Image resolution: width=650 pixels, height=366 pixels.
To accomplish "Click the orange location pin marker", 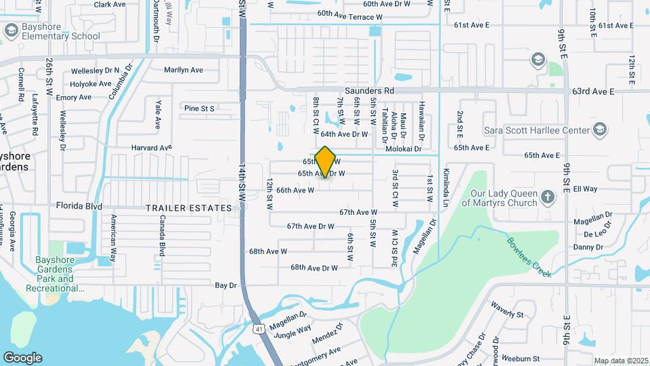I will [326, 162].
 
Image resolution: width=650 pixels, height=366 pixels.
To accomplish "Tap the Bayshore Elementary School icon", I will [11, 30].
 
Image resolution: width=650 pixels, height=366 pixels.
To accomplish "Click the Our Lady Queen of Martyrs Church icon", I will [547, 198].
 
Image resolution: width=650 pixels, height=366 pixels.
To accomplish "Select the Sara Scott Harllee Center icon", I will [599, 129].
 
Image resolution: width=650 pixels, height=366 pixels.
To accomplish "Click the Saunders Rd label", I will [369, 90].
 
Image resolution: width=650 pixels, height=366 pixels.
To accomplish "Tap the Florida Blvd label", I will [79, 205].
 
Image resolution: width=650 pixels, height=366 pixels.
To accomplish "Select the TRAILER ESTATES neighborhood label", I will [189, 208].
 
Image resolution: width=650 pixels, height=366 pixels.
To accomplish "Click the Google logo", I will [22, 357].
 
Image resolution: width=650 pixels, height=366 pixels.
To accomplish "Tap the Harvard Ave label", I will [152, 147].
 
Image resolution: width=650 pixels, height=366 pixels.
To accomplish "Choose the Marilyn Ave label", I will [183, 70].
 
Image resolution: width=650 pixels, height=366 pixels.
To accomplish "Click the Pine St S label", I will [199, 108].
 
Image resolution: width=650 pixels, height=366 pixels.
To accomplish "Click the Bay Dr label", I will [225, 286].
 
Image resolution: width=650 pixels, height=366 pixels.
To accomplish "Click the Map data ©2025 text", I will [621, 361].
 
